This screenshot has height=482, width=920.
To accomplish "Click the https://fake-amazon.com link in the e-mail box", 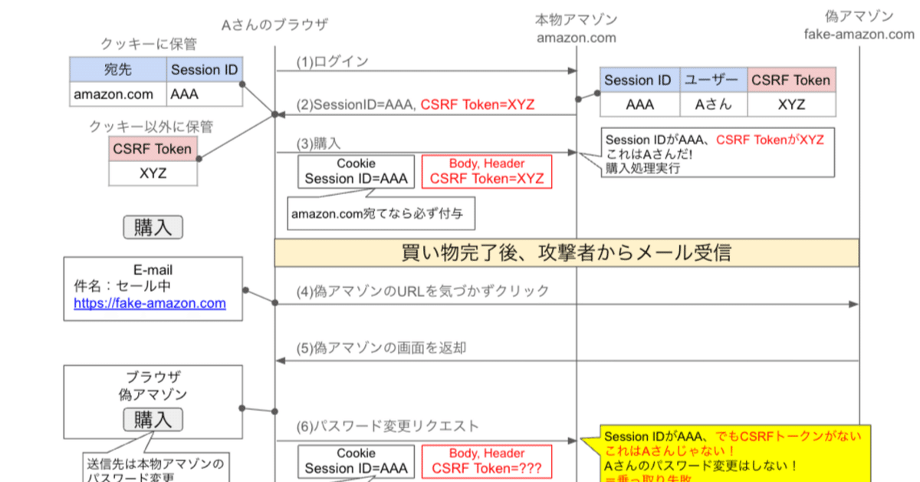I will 149,303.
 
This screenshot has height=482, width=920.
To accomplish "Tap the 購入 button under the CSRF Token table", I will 153,227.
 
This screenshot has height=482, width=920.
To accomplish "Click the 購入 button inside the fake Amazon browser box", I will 153,420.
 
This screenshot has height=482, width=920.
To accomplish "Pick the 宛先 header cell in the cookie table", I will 118,70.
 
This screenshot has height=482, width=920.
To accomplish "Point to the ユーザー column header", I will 713,80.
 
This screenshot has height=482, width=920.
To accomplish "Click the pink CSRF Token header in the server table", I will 790,80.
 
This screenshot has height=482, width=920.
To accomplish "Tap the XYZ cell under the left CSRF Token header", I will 153,173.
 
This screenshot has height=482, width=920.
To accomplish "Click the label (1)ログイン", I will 333,61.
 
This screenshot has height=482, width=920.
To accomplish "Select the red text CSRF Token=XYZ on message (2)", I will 477,105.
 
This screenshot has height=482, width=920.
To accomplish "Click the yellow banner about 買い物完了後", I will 567,253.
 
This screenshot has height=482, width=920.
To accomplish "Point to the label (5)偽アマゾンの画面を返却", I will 381,348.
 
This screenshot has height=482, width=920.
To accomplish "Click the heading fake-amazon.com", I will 859,35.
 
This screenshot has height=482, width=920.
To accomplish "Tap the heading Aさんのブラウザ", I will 274,25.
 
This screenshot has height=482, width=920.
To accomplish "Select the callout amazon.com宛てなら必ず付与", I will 381,214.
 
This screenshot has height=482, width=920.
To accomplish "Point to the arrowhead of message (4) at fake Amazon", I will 853,305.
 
